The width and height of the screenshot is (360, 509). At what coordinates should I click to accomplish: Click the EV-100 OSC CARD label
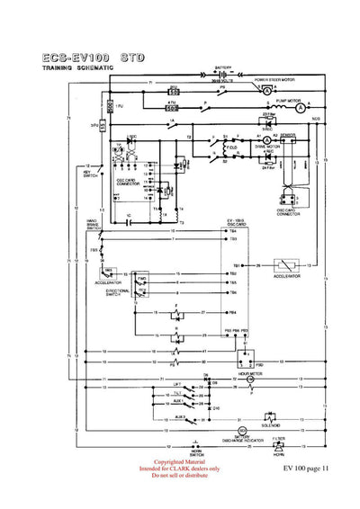pos(236,222)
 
